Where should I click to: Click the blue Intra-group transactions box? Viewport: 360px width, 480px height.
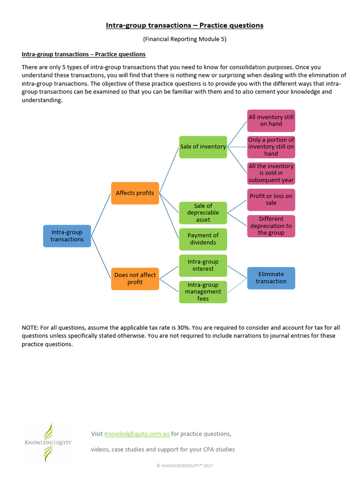coord(67,236)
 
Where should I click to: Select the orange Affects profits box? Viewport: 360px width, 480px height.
coord(135,193)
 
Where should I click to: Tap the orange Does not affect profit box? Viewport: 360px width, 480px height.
coord(135,279)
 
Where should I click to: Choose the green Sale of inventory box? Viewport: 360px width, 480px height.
coord(203,147)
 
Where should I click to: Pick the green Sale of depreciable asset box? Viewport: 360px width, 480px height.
coord(203,213)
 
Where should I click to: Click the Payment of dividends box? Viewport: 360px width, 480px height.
coord(203,239)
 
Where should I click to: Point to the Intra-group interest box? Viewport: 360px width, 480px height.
coord(203,265)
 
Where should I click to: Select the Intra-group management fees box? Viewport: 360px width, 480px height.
coord(203,292)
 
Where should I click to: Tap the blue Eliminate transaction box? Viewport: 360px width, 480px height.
coord(271,278)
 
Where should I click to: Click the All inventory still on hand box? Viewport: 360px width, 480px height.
coord(271,120)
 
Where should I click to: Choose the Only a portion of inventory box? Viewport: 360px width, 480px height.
coord(271,147)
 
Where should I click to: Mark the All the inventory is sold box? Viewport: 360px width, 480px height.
coord(271,173)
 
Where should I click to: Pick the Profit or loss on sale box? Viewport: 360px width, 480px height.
coord(271,200)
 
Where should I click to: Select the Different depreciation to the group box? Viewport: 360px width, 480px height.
coord(271,226)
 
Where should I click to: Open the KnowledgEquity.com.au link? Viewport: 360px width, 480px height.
coord(137,434)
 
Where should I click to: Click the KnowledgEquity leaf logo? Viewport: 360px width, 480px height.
coord(48,442)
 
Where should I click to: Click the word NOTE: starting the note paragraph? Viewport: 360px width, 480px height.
coord(30,328)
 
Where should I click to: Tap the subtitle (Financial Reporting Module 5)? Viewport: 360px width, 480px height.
coord(185,39)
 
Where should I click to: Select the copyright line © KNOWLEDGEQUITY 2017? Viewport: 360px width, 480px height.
coord(185,465)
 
